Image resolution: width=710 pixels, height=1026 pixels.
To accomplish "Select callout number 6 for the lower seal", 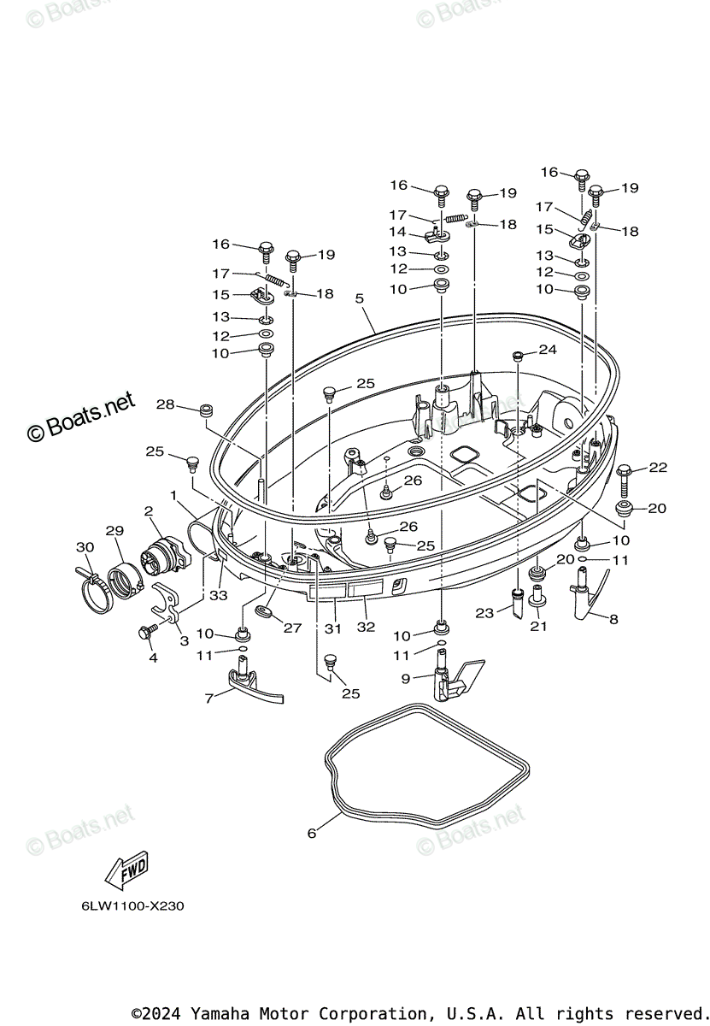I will point(312,832).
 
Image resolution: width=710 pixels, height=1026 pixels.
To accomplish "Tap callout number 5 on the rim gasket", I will point(360,298).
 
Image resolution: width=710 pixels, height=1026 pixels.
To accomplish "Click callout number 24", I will point(547,350).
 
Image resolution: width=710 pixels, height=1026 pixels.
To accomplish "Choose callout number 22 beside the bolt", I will point(657,467).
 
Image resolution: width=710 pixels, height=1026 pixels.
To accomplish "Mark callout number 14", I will point(398,232).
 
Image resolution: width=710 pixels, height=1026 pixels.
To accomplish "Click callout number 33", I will point(219,595).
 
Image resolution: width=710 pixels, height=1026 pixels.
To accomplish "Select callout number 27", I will point(293,628).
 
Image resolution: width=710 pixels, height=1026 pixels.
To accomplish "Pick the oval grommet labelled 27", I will point(264,611).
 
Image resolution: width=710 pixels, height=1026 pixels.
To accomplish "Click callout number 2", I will point(149,511).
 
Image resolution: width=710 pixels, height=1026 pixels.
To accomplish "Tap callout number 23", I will point(485,612).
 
